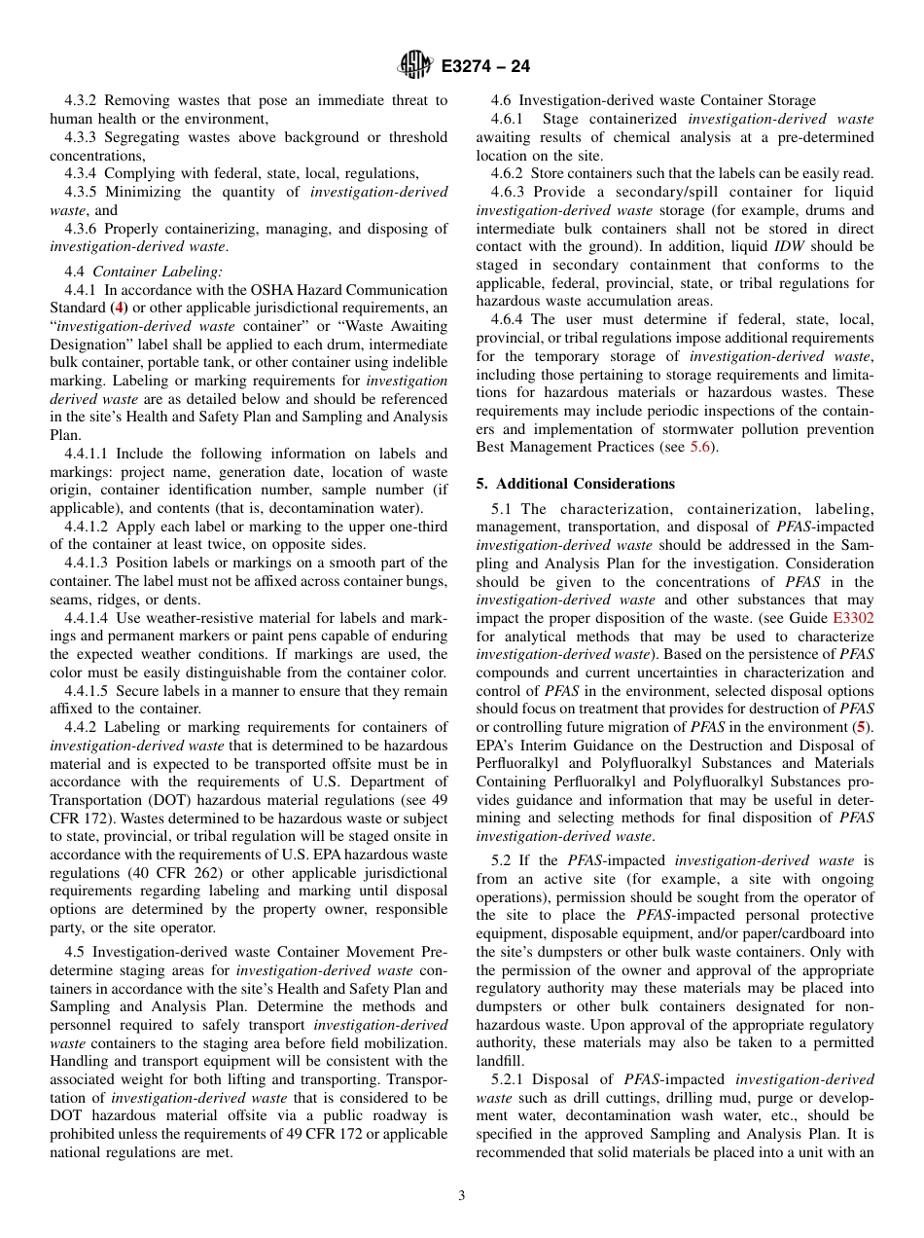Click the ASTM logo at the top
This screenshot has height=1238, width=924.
(x=415, y=66)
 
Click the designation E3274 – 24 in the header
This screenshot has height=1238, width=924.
(x=485, y=67)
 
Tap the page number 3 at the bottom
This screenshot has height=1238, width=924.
(x=462, y=1196)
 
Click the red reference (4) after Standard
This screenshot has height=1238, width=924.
(x=120, y=309)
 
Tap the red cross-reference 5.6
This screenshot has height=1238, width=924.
(x=700, y=447)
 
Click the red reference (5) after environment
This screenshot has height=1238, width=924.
(x=857, y=728)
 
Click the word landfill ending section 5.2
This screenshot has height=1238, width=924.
(x=500, y=1061)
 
